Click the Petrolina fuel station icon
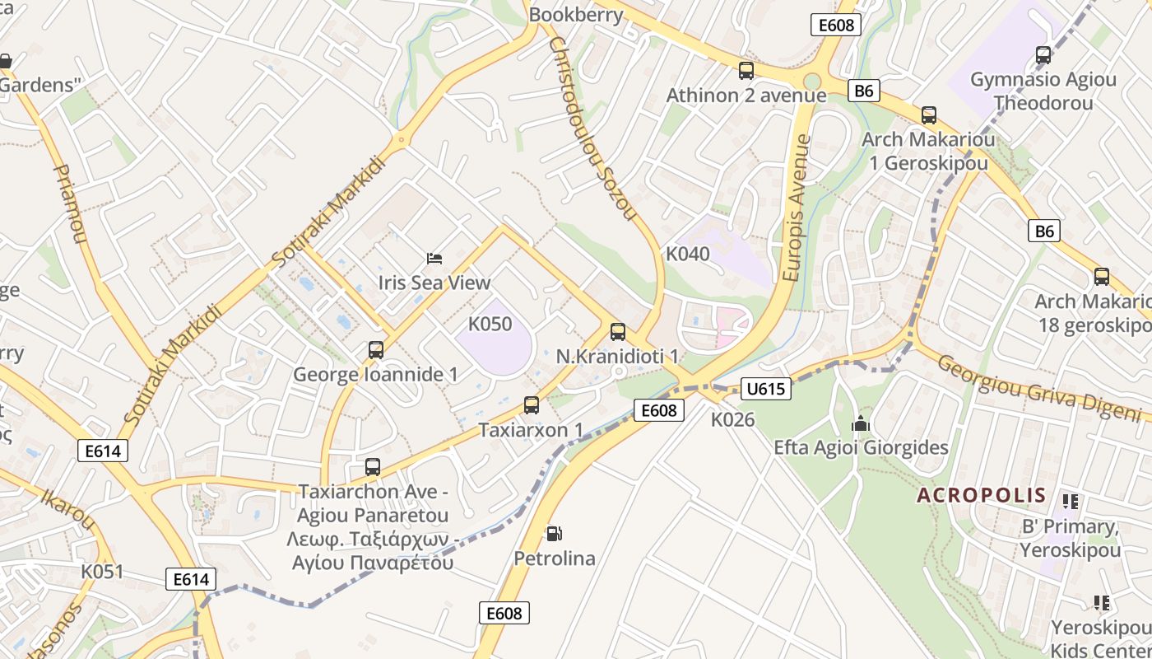[x=555, y=534]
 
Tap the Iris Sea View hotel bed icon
[x=434, y=259]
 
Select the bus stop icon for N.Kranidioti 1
[x=618, y=332]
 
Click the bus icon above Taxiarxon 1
[x=532, y=405]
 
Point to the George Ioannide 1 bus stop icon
[x=376, y=350]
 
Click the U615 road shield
[x=766, y=389]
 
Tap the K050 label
[x=490, y=324]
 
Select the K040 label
[x=687, y=254]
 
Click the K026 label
[x=732, y=419]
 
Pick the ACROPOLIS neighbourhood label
[x=981, y=495]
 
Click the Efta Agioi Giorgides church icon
[x=861, y=424]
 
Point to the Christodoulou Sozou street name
[x=593, y=129]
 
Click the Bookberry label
[x=576, y=15]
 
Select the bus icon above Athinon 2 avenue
[x=746, y=71]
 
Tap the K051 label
[x=102, y=572]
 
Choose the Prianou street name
[x=70, y=203]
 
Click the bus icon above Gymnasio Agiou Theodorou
[x=1043, y=55]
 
